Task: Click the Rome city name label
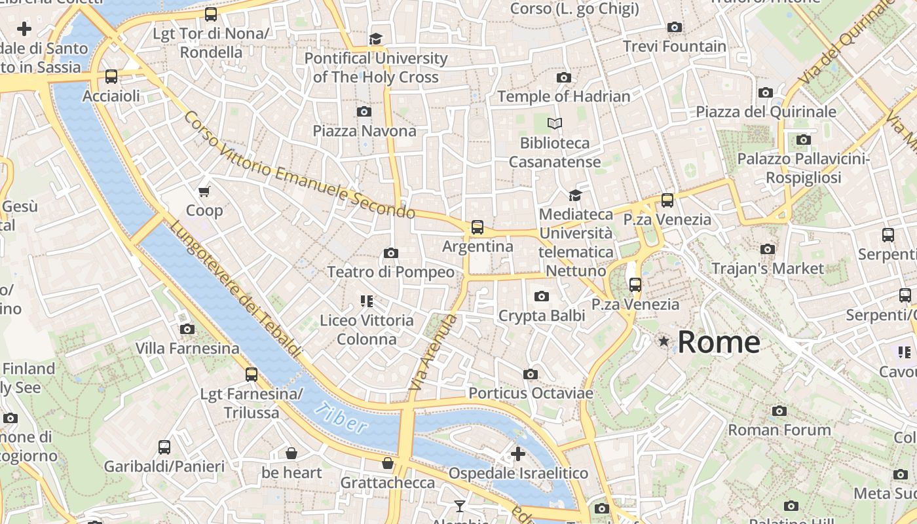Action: coord(719,342)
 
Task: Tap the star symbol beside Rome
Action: coord(664,341)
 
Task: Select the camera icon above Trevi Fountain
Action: coord(674,27)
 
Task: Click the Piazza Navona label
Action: coord(364,131)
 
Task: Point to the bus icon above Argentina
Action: coord(477,227)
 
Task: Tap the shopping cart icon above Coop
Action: coord(204,191)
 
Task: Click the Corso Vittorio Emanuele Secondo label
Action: coord(299,166)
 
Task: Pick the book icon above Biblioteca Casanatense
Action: coord(555,123)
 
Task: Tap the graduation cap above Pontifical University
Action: coord(375,39)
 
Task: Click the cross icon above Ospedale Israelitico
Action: coord(518,453)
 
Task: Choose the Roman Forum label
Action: coord(779,430)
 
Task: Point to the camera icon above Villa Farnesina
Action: coord(187,329)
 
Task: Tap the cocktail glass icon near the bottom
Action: coord(460,506)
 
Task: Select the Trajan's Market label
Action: coord(767,269)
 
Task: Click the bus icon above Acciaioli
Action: coord(111,77)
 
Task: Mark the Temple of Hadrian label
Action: coord(563,97)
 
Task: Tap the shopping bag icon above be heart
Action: coord(291,453)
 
